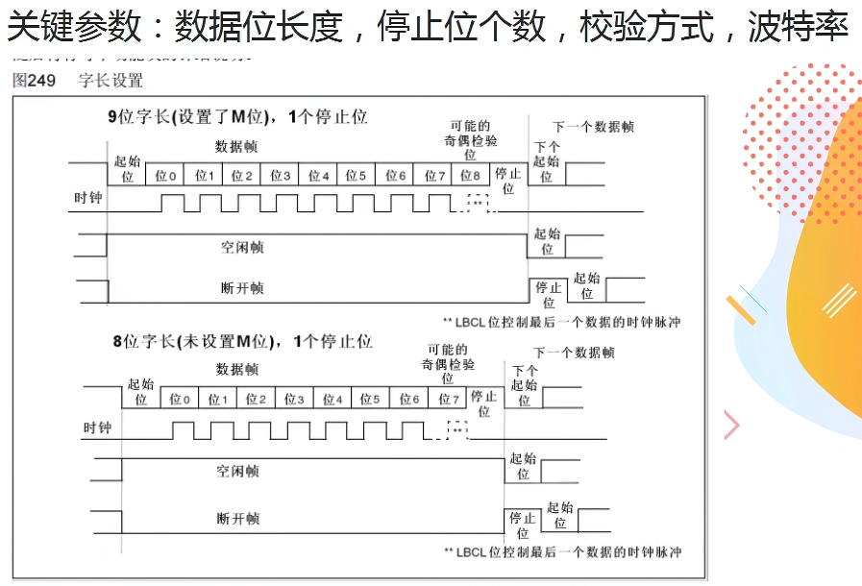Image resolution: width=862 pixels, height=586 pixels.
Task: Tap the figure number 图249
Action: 34,81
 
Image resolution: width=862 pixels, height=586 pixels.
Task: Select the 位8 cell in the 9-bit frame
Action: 470,176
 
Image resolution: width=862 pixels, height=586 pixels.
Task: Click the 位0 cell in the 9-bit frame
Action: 165,176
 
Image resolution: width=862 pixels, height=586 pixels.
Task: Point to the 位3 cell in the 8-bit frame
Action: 293,399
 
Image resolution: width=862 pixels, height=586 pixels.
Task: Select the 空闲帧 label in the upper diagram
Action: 242,247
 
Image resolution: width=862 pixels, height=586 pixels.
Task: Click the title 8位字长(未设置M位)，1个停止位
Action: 242,341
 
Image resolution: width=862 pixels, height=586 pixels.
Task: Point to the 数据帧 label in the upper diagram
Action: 235,147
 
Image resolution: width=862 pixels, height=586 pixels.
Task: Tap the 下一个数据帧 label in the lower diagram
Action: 574,353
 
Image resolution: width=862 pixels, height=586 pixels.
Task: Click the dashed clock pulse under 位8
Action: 477,203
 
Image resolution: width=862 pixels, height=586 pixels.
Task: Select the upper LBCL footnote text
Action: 561,322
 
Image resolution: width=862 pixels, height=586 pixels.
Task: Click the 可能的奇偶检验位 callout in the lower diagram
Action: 448,363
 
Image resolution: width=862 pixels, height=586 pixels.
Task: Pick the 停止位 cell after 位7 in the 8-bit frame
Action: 484,403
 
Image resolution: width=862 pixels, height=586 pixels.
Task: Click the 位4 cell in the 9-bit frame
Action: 319,176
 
